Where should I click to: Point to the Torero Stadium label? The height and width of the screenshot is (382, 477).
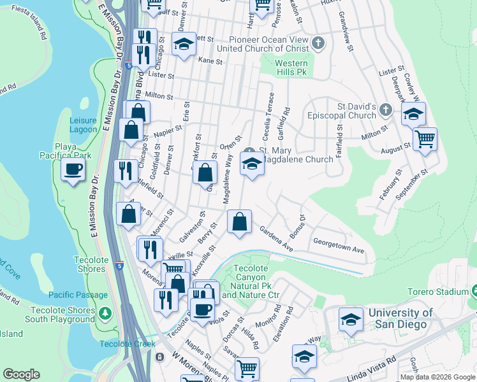click(x=438, y=292)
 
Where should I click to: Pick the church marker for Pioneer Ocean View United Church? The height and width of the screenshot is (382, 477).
click(x=319, y=44)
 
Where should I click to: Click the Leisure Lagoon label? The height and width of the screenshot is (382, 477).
click(x=83, y=125)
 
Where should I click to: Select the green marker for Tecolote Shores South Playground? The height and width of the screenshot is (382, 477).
click(x=106, y=314)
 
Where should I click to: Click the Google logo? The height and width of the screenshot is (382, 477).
click(x=21, y=374)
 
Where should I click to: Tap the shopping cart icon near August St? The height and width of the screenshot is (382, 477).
click(x=425, y=138)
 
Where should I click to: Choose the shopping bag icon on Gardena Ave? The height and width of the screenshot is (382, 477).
click(x=239, y=222)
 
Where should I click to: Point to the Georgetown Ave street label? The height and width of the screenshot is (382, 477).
click(x=338, y=246)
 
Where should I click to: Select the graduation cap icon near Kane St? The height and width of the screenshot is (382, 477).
click(x=184, y=45)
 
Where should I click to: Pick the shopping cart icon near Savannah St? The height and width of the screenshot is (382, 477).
click(x=246, y=367)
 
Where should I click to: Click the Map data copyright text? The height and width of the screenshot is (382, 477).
click(x=437, y=377)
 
